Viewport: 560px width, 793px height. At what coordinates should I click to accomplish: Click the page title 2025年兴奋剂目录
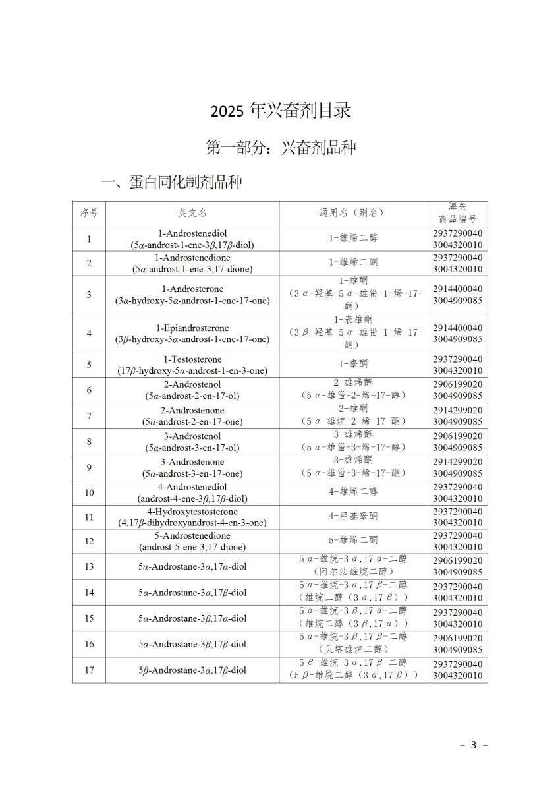(x=281, y=111)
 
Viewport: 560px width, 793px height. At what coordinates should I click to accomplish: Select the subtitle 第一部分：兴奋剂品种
(x=281, y=148)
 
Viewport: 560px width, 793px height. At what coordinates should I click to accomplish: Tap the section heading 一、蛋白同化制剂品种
(x=171, y=182)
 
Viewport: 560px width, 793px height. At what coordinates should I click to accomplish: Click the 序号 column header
(x=89, y=213)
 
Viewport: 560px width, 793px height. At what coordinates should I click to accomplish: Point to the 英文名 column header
(x=192, y=213)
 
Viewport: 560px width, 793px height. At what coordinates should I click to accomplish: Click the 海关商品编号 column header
(x=457, y=213)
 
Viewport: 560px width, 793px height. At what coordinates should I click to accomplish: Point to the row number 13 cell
(x=89, y=566)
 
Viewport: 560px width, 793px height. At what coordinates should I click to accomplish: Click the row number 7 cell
(x=89, y=416)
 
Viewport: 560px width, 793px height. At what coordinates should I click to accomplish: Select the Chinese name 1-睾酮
(x=353, y=365)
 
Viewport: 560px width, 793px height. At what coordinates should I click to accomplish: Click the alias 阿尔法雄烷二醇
(x=353, y=572)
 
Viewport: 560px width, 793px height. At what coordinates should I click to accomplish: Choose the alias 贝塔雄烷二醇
(x=353, y=649)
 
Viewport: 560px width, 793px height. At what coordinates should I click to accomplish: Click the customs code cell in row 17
(x=457, y=670)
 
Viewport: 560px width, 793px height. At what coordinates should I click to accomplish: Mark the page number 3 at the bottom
(x=473, y=745)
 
